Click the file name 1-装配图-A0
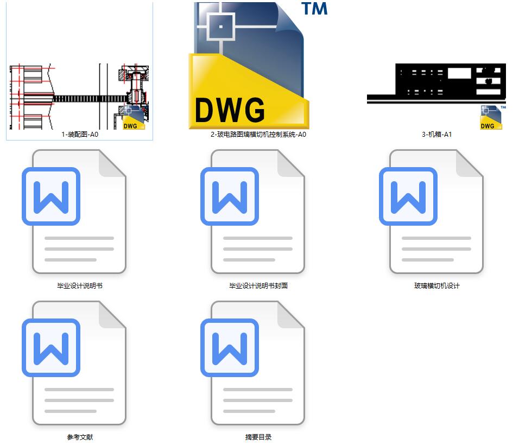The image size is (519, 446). (79, 135)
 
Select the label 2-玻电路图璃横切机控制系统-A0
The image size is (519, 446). (258, 135)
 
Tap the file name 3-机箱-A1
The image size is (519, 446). (437, 135)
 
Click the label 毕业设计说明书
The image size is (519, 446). (79, 286)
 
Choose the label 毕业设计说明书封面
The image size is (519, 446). (258, 286)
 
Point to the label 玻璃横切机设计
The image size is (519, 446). (437, 286)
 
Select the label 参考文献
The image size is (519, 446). (79, 437)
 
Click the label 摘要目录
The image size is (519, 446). (258, 437)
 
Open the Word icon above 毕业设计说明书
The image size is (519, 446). (79, 212)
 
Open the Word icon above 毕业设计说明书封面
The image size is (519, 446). (258, 212)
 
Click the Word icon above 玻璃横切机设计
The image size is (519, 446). (436, 212)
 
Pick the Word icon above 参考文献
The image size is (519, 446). (79, 362)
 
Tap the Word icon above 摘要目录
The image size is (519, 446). (258, 362)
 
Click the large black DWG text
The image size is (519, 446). (230, 110)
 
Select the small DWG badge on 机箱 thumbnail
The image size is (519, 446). (491, 118)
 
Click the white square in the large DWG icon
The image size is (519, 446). (220, 27)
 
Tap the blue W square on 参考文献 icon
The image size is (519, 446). (51, 348)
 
